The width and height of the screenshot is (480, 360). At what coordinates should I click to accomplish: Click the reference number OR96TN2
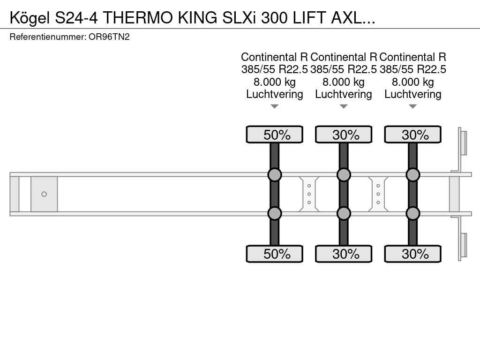[109, 37]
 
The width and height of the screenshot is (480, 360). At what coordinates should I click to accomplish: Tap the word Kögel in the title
[30, 18]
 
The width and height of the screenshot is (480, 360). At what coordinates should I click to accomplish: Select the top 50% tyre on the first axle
[275, 135]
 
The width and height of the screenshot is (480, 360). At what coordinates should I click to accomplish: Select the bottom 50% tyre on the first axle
[275, 254]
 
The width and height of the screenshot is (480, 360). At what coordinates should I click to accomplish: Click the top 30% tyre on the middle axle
[344, 135]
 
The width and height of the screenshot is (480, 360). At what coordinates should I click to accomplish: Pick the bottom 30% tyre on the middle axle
[344, 254]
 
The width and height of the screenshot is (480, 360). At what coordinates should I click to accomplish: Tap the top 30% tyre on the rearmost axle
[413, 135]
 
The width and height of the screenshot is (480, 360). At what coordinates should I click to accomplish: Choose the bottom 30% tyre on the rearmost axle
[413, 254]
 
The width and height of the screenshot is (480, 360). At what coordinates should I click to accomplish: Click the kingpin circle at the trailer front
[44, 194]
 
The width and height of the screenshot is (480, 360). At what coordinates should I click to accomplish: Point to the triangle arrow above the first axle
[275, 106]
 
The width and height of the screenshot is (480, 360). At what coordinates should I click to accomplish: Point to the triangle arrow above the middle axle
[344, 106]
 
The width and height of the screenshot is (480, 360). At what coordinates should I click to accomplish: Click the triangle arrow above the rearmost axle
[413, 106]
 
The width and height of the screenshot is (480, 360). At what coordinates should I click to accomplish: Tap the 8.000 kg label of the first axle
[275, 82]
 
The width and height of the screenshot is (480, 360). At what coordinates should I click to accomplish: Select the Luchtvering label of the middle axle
[344, 94]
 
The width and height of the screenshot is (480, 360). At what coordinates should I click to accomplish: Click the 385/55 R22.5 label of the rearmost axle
[413, 69]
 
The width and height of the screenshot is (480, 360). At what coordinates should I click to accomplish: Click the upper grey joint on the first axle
[275, 175]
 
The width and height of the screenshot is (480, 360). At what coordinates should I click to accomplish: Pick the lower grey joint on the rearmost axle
[413, 213]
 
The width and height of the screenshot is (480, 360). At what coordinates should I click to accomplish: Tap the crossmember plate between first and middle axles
[309, 194]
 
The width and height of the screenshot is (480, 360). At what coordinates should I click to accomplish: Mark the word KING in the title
[198, 18]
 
